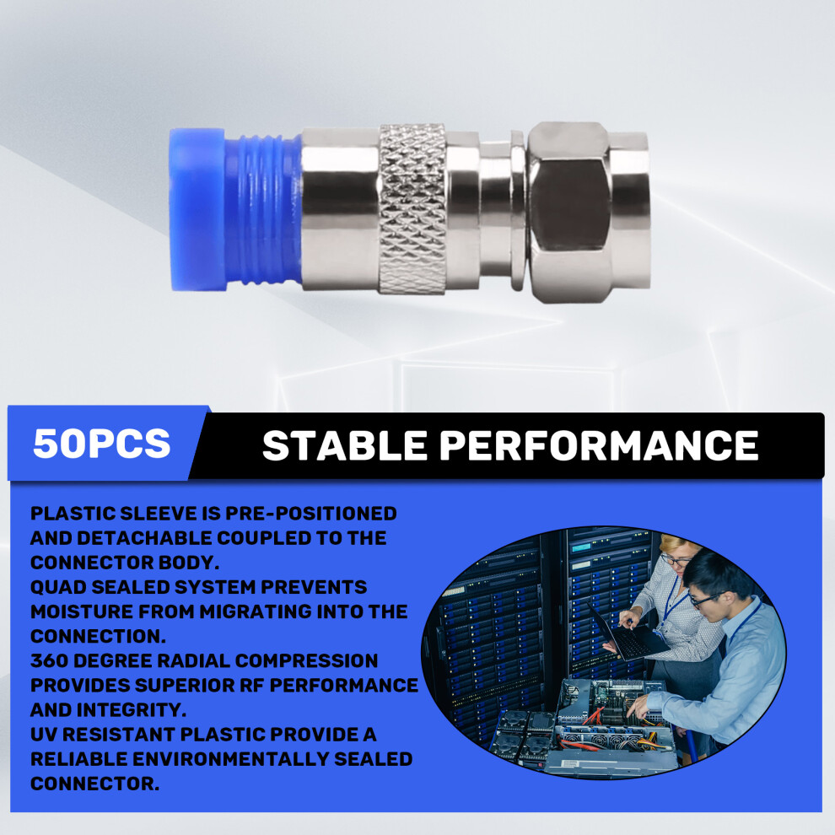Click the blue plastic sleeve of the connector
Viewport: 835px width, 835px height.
pyautogui.click(x=235, y=210)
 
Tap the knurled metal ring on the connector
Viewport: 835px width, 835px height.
pyautogui.click(x=412, y=209)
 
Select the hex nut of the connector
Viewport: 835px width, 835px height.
pyautogui.click(x=571, y=212)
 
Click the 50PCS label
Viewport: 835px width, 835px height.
pyautogui.click(x=102, y=443)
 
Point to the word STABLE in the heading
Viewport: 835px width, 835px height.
pyautogui.click(x=345, y=445)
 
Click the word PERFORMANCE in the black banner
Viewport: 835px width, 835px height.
pyautogui.click(x=599, y=445)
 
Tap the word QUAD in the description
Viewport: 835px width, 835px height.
pyautogui.click(x=57, y=587)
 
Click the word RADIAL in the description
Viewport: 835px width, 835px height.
pyautogui.click(x=194, y=660)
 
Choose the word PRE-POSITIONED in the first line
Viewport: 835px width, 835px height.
pyautogui.click(x=311, y=514)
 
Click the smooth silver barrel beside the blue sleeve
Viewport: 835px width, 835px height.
pyautogui.click(x=340, y=209)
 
